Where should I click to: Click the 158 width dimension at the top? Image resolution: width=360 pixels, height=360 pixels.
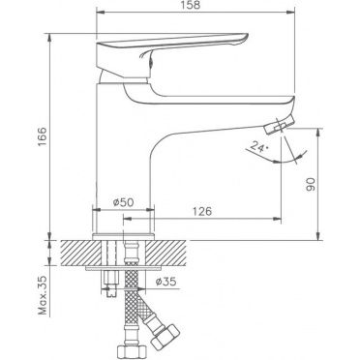[195, 7]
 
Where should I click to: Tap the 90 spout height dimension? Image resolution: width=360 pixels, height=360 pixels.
[312, 185]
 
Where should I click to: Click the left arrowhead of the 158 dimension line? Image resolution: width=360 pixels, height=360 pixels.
[99, 15]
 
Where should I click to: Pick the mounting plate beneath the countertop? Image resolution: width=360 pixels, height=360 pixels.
[123, 271]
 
